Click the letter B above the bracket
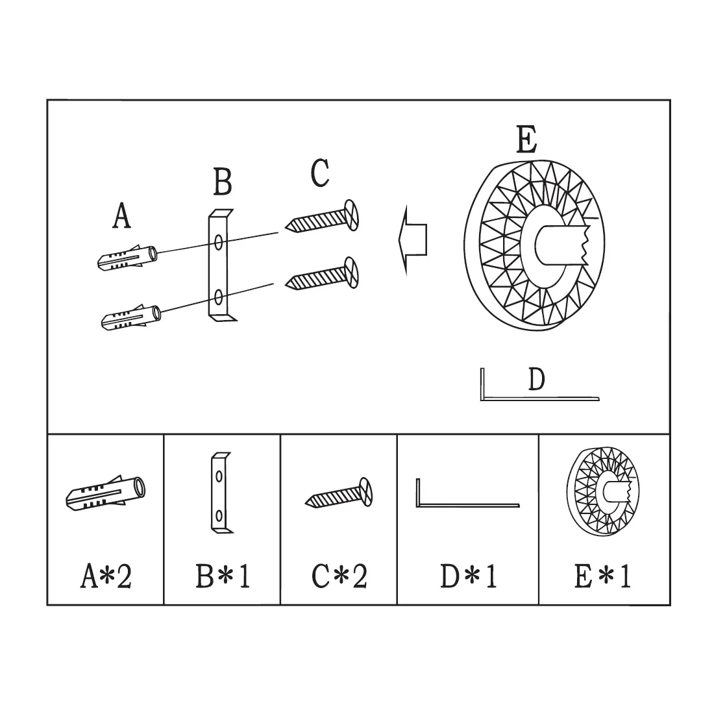tap(223, 182)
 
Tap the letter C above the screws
tap(319, 173)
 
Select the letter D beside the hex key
tap(536, 379)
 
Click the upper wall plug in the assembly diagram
tap(127, 258)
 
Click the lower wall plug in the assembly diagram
tap(131, 317)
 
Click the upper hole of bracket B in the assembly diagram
tap(219, 241)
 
